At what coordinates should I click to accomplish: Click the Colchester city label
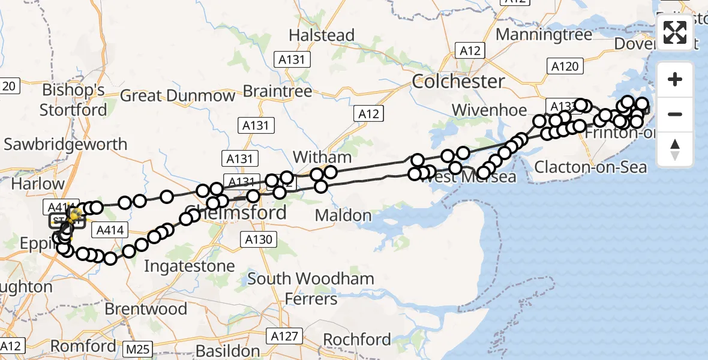pos(458,82)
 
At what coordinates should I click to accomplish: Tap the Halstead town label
pos(322,35)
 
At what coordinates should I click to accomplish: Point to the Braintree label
pos(277,91)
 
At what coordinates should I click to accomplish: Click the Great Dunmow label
pos(178,96)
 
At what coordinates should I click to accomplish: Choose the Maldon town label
pos(343,215)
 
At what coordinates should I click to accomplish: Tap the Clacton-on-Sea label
pos(590,167)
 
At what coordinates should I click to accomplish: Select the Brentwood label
pos(146,309)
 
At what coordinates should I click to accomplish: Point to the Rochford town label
pos(356,340)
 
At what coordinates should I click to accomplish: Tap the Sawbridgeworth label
pos(65,144)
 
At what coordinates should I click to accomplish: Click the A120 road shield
pos(564,66)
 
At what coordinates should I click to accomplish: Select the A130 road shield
pos(259,240)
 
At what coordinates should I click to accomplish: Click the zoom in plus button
pos(675,79)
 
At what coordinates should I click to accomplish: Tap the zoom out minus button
pos(675,114)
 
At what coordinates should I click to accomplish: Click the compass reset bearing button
pos(675,149)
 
